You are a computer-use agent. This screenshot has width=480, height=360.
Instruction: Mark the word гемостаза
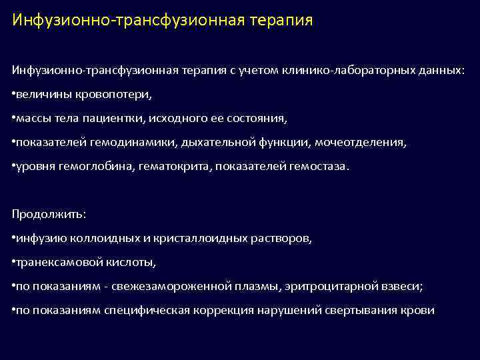(318, 167)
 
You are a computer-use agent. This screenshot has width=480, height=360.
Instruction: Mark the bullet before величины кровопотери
(14, 95)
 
